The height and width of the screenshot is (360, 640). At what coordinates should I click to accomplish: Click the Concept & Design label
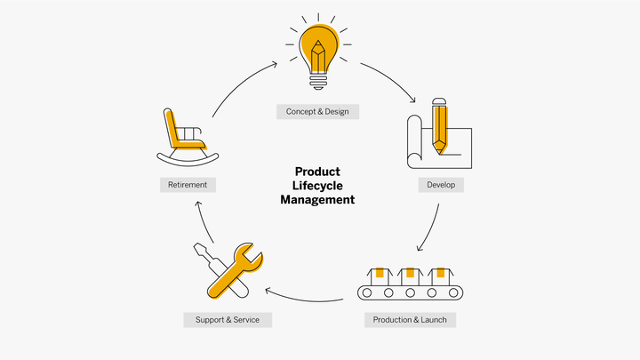(317, 112)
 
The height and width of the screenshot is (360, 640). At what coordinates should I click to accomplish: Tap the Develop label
(441, 185)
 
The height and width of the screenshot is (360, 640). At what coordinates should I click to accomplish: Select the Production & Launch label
(410, 319)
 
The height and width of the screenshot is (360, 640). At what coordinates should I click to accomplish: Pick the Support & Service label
(228, 319)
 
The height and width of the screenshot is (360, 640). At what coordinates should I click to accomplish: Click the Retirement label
(187, 185)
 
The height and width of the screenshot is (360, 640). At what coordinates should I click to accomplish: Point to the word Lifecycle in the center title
(317, 186)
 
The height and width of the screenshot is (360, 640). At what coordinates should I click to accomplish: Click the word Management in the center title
(317, 200)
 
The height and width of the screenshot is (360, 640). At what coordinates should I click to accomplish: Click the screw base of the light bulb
(318, 82)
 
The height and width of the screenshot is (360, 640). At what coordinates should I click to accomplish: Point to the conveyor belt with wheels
(410, 292)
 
